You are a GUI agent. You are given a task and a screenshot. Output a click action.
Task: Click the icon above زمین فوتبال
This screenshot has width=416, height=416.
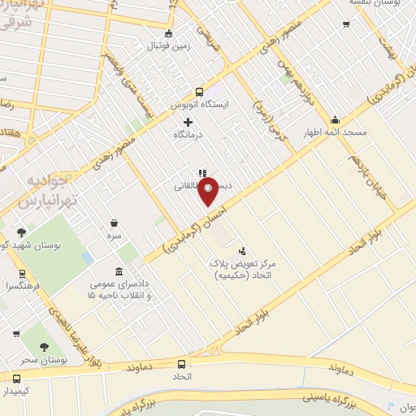(x=168, y=33)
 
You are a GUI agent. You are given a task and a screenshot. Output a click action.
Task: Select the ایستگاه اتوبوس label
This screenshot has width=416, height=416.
(x=199, y=106)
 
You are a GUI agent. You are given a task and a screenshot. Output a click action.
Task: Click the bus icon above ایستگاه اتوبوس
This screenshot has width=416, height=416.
(x=199, y=93)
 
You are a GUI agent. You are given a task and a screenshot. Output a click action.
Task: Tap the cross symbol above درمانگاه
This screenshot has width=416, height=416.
(x=188, y=122)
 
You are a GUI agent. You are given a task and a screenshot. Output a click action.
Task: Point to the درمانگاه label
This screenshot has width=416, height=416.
(x=188, y=135)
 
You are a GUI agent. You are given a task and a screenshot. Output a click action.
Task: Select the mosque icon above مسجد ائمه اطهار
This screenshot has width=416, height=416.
(x=335, y=119)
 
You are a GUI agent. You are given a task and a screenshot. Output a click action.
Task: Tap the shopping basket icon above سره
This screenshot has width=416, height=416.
(x=115, y=222)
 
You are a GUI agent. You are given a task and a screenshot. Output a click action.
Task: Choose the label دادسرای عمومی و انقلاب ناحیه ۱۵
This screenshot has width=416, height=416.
(x=119, y=288)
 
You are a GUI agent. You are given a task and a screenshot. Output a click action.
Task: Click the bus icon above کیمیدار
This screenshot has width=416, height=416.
(x=17, y=378)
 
